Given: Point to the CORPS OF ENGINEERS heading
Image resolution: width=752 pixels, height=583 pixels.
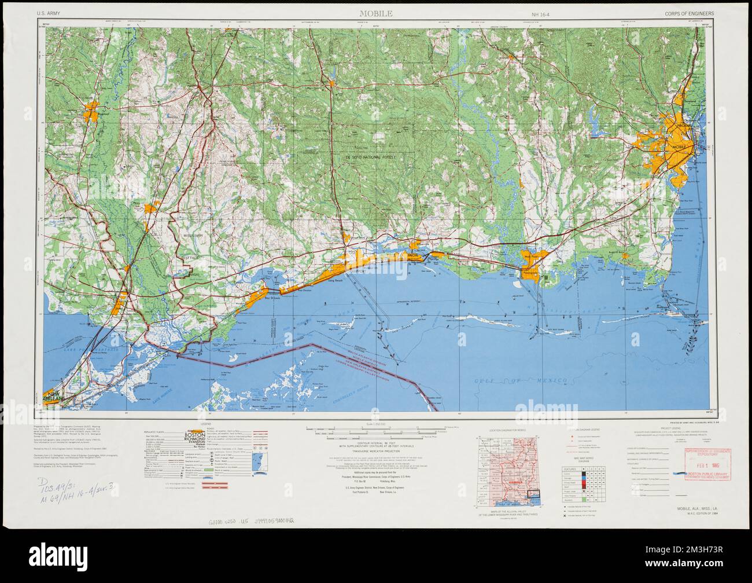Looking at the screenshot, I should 690,13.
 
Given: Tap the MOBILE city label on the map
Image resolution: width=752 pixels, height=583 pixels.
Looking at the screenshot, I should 678,148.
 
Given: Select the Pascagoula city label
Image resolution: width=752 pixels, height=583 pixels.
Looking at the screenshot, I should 530,270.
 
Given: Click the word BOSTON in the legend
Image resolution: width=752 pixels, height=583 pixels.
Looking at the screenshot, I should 194,435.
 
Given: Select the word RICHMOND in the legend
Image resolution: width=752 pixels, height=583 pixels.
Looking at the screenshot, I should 194,441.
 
